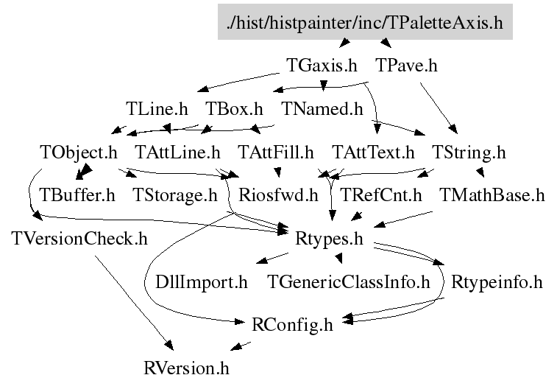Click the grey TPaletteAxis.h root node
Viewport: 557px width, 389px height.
pos(365,21)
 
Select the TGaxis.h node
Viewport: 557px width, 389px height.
pos(322,66)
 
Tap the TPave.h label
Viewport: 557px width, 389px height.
pos(407,66)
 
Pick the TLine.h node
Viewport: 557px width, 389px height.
pos(157,109)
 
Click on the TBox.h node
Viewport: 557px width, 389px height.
pos(234,109)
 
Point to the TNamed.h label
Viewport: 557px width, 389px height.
pos(323,109)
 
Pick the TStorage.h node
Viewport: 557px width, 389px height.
pos(175,196)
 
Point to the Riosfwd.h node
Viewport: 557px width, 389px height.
pos(279,196)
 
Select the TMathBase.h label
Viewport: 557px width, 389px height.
pos(492,196)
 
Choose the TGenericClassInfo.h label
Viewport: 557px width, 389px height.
pos(348,282)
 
